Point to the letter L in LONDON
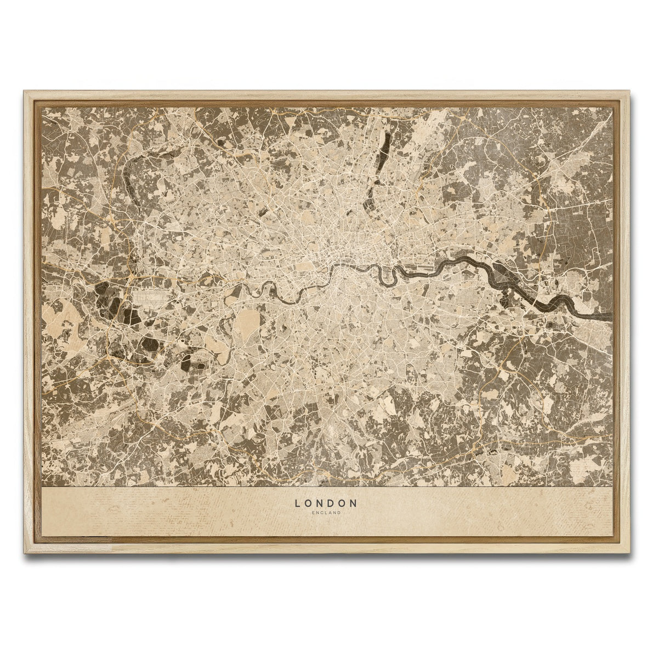[x=297, y=502]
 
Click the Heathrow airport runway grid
[x=151, y=298]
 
